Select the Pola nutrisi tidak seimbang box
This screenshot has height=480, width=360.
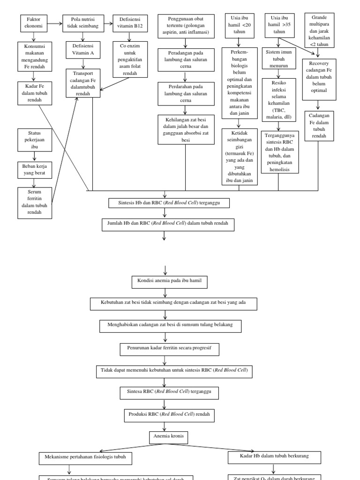tap(82, 23)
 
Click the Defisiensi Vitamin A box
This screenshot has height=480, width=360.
tap(82, 50)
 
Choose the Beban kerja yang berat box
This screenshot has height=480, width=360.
tap(34, 169)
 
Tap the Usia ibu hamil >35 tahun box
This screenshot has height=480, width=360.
tap(279, 24)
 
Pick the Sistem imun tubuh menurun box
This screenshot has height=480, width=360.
tap(279, 58)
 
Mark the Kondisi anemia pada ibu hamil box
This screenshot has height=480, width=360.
tap(169, 282)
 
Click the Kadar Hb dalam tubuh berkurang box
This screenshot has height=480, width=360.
tap(274, 456)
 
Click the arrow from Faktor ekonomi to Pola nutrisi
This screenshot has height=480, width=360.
tap(54, 22)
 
